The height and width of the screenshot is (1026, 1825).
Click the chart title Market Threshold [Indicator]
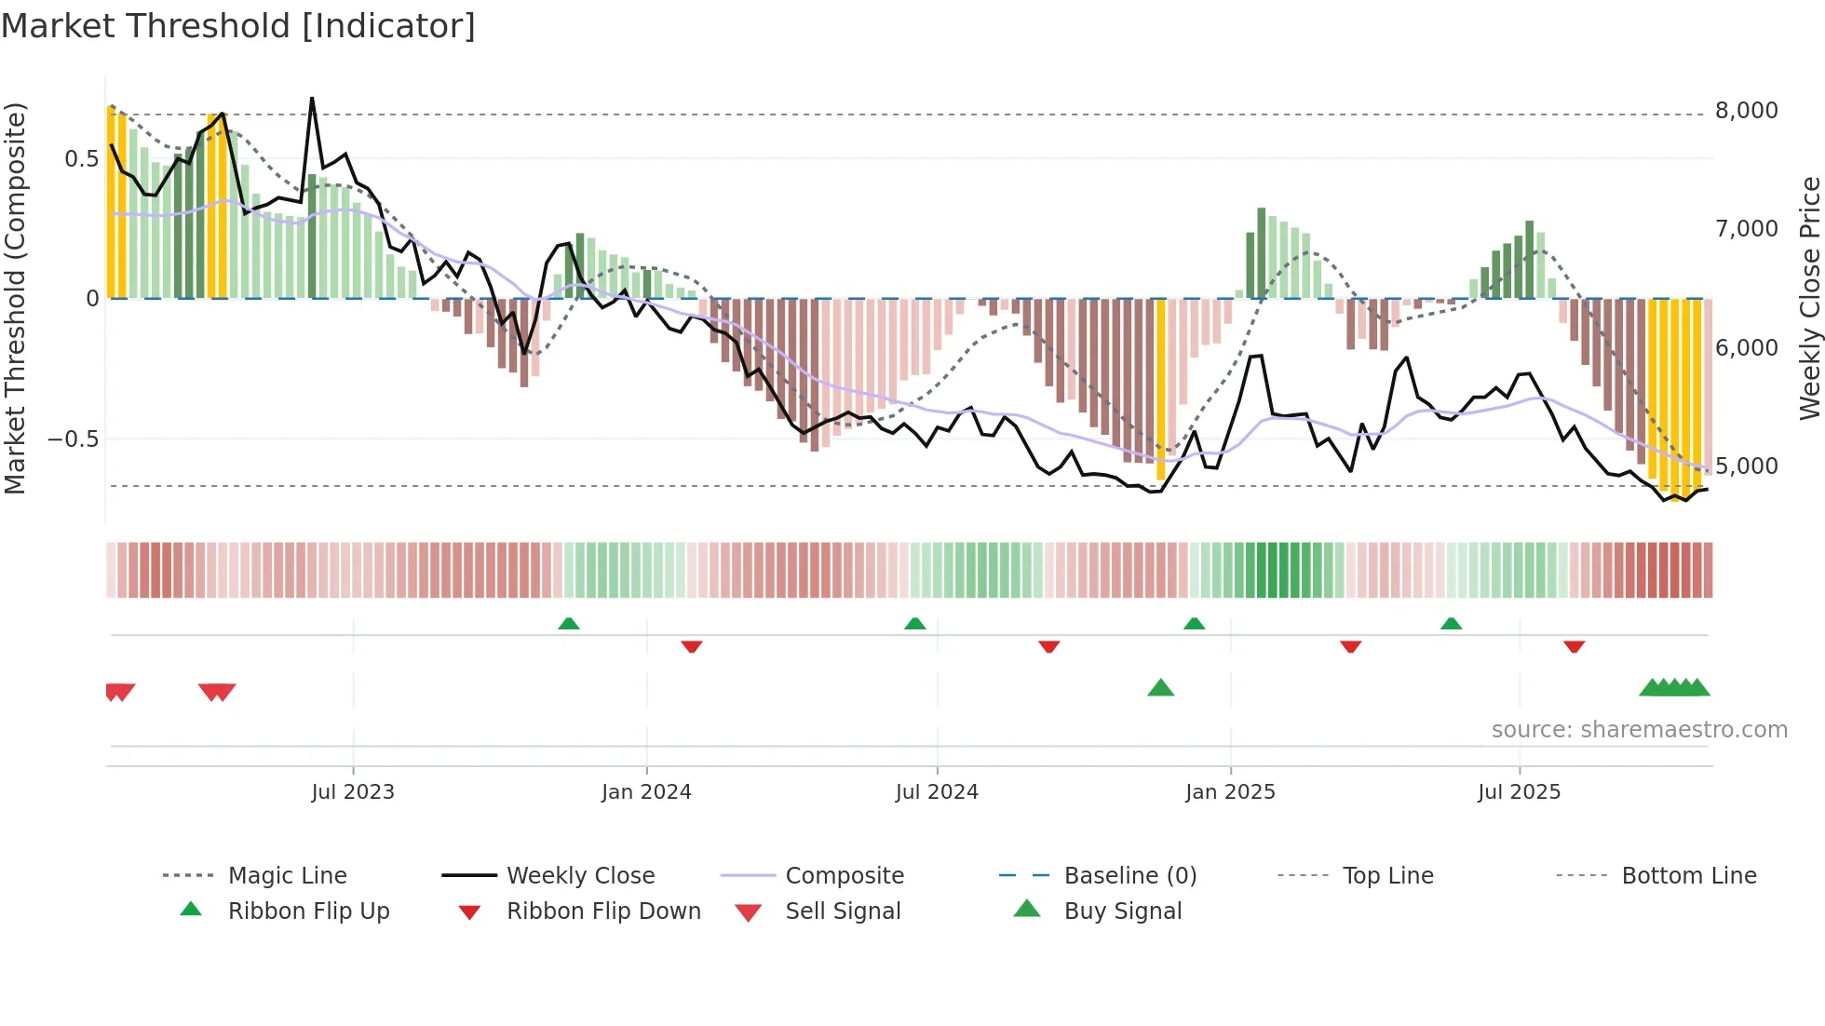[238, 26]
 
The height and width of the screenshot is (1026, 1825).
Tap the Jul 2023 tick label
[353, 792]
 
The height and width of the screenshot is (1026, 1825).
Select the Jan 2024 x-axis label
[646, 792]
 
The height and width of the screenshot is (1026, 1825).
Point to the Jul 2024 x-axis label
[937, 792]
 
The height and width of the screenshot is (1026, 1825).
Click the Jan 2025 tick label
[1230, 792]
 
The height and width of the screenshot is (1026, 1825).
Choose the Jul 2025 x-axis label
[1519, 792]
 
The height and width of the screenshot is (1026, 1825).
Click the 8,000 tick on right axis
[1747, 111]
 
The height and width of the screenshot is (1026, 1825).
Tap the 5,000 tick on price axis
[1747, 466]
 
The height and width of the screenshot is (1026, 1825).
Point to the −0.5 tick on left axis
[74, 439]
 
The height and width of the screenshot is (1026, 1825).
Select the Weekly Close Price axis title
[1809, 298]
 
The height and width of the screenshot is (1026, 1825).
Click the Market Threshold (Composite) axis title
[15, 298]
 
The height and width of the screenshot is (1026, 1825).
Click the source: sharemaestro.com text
[1639, 730]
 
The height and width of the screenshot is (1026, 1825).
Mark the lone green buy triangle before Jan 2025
[1160, 688]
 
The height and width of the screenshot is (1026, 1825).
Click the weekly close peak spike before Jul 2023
[312, 99]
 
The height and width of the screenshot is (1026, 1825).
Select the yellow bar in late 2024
[1160, 391]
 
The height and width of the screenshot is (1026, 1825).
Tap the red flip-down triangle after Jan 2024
[691, 646]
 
